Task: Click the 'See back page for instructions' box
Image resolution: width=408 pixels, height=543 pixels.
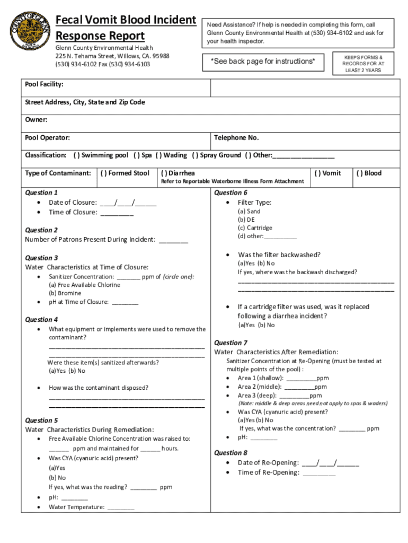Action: click(x=263, y=62)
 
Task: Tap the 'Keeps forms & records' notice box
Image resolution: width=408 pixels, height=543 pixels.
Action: click(x=363, y=63)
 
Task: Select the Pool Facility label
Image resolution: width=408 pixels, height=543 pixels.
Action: click(x=45, y=84)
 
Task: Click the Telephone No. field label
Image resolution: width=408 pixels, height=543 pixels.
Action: click(x=236, y=138)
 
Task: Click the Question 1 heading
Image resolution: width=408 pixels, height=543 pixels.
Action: click(x=42, y=192)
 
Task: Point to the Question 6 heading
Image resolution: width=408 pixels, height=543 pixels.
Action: click(x=230, y=192)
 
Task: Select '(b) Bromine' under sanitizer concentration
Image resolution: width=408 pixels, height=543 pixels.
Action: click(x=65, y=293)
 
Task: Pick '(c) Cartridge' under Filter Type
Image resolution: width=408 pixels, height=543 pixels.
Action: click(x=255, y=228)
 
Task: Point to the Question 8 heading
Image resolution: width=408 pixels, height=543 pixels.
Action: click(x=230, y=453)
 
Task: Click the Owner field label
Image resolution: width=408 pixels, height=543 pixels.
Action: click(x=37, y=120)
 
